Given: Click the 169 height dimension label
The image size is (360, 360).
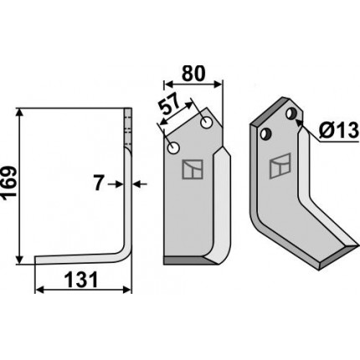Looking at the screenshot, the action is (9, 183).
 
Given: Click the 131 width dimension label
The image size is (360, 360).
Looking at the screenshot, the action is (81, 280).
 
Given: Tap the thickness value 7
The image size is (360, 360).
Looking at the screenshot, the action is (98, 184).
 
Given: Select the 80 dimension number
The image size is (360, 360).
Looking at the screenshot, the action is (193, 74).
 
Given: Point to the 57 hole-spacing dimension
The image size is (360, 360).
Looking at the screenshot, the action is (169, 105).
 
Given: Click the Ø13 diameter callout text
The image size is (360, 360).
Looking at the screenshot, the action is (338, 130).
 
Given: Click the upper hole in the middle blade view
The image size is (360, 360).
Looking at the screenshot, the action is (207, 123).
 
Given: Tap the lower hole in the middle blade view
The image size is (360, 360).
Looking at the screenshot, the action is (173, 148).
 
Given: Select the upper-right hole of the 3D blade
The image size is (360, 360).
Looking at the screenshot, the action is (291, 114).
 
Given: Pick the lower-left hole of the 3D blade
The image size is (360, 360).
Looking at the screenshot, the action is (265, 134).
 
